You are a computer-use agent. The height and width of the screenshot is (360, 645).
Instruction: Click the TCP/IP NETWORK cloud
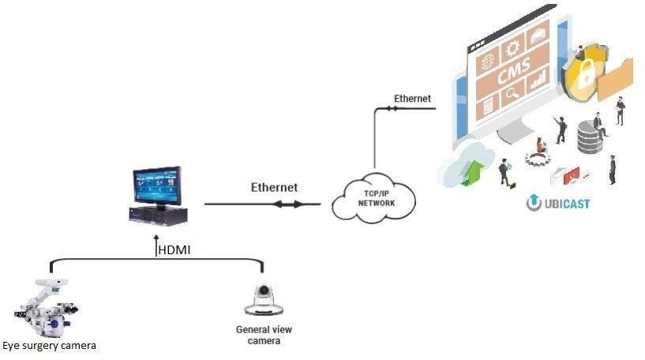point(373,198)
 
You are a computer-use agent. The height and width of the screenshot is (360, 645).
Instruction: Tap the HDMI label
point(174,249)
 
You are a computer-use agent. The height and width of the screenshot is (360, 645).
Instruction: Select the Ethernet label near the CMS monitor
point(412,99)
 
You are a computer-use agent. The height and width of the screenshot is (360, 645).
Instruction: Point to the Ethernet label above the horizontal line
point(274,187)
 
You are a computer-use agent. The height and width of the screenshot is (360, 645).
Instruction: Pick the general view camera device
point(264,300)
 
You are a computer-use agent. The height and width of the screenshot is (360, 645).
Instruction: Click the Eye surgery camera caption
point(49,346)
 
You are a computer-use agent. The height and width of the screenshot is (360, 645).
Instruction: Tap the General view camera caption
point(264,335)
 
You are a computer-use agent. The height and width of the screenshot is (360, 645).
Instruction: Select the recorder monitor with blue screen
point(158,197)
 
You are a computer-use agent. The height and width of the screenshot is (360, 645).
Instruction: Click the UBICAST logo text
point(558,203)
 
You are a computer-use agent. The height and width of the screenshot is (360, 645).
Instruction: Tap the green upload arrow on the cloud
point(472,172)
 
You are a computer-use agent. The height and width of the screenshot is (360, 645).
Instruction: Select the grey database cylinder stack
point(590,137)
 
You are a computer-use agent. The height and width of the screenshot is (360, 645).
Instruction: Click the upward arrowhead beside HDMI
point(156,238)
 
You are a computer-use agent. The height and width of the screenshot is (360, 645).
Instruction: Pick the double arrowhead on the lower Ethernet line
point(288,204)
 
